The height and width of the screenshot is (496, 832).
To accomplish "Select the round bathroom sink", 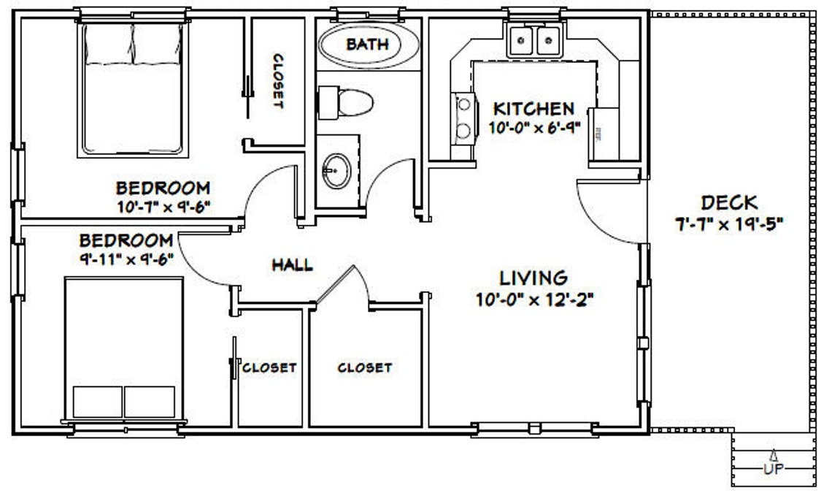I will (x=336, y=171).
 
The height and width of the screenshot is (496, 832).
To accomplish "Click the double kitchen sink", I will (x=534, y=41).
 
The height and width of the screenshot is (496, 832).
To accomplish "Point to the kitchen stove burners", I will (x=462, y=118).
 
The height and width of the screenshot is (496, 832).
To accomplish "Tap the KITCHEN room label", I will (x=534, y=109).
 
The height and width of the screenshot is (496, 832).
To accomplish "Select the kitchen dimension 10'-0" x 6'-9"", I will (x=534, y=126).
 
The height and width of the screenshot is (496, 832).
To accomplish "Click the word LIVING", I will (x=533, y=278).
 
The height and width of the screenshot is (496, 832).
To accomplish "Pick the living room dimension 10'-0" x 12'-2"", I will (x=533, y=299).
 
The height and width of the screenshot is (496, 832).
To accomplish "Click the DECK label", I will (x=728, y=202).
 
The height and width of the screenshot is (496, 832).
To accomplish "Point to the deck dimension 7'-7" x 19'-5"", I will (x=728, y=224).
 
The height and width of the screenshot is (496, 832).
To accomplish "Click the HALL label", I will (x=292, y=264).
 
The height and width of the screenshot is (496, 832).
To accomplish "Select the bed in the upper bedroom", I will (x=132, y=88).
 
